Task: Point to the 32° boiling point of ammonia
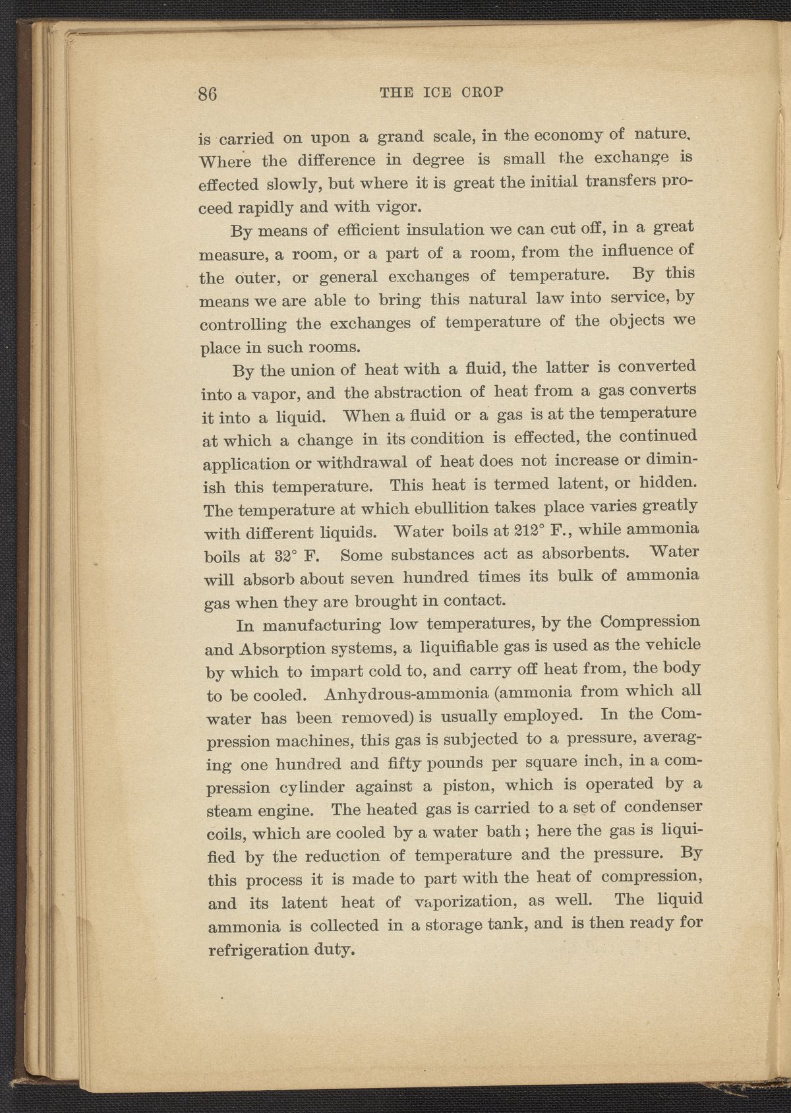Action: (x=268, y=555)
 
